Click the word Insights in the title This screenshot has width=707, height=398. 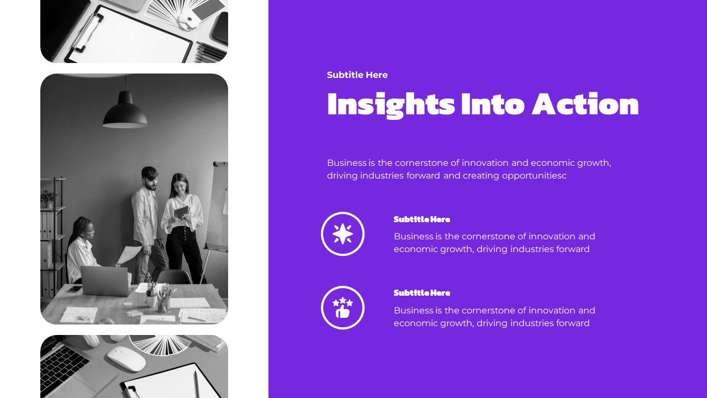click(391, 104)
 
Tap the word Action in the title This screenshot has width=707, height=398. click(585, 104)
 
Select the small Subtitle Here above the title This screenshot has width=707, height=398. click(357, 75)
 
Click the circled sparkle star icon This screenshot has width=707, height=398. click(342, 234)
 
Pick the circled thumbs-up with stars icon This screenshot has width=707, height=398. click(342, 307)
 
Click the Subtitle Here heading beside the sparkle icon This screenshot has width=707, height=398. click(422, 219)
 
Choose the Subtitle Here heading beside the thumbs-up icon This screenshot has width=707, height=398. click(422, 292)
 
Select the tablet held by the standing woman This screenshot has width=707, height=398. click(181, 212)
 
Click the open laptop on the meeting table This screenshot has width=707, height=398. click(105, 280)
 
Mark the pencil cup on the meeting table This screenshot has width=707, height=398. click(163, 302)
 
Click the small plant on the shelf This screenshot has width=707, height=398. click(48, 198)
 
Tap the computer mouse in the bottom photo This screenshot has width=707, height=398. click(126, 358)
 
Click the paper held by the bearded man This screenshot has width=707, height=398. click(130, 255)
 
